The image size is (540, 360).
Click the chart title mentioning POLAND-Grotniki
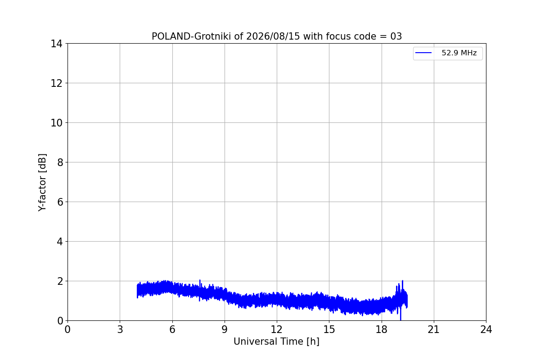(x=277, y=36)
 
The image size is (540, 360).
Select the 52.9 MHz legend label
(x=459, y=53)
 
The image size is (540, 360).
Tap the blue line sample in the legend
(x=423, y=53)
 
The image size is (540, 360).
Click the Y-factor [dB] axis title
(x=42, y=183)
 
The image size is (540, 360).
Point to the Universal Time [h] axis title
(x=276, y=342)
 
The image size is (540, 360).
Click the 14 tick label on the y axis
(x=56, y=44)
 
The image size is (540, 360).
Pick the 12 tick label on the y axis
(x=56, y=83)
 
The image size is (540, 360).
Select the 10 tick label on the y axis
(x=56, y=123)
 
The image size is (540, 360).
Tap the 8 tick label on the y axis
(x=60, y=162)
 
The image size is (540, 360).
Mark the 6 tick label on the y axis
(x=60, y=202)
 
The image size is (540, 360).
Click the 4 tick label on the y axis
(x=60, y=242)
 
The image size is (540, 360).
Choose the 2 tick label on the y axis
(x=60, y=281)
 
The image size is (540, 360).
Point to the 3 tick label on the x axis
(x=120, y=329)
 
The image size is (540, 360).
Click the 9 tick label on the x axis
(x=225, y=329)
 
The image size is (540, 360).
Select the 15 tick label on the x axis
(x=329, y=329)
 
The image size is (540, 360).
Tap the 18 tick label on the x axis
(x=382, y=329)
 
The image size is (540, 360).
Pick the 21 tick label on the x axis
(x=434, y=329)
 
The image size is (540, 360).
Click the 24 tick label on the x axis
(x=486, y=329)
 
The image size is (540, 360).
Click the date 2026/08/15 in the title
(x=273, y=36)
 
